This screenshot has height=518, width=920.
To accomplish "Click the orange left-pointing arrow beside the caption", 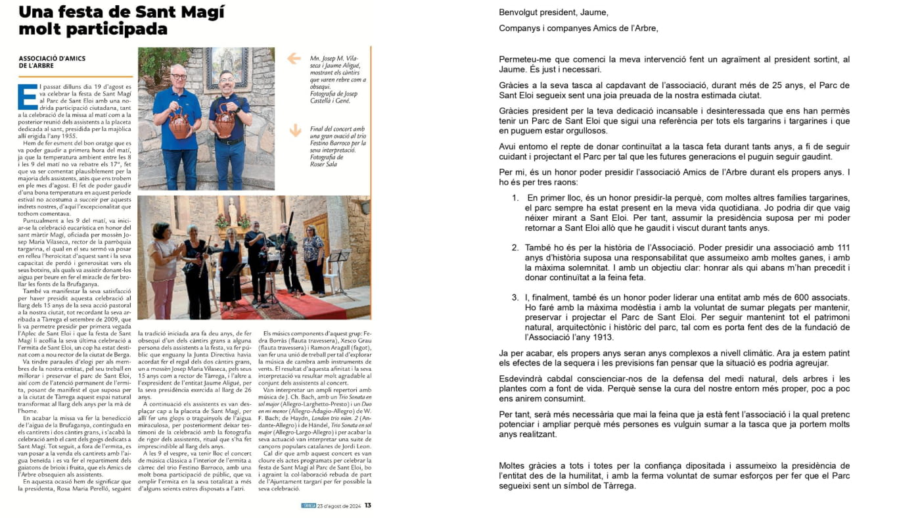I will coord(294,59).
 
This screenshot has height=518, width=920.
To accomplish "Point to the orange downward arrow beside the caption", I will coord(294,130).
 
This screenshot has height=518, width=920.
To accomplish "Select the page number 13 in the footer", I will coord(368,506).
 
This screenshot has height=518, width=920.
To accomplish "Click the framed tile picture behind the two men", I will coord(226,67).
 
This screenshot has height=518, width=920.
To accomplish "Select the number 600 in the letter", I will coord(778,298).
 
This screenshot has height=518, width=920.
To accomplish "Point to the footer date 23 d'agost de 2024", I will coord(339,506).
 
